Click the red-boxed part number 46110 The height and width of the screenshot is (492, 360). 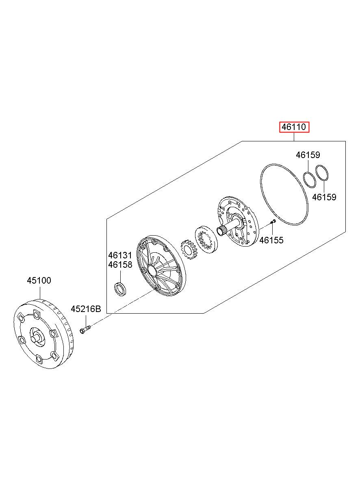tap(294, 128)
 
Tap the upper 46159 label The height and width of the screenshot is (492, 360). tap(308, 155)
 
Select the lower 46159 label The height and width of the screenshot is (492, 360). tap(324, 197)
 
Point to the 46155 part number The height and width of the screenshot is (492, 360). tap(271, 240)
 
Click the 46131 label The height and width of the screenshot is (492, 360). tap(120, 255)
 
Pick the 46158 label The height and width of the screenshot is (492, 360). tap(120, 265)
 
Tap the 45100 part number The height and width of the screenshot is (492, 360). tap(39, 280)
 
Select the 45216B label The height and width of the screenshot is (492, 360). tap(85, 309)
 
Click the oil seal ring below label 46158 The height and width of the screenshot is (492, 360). tap(120, 289)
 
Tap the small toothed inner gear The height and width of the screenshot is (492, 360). tap(189, 251)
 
